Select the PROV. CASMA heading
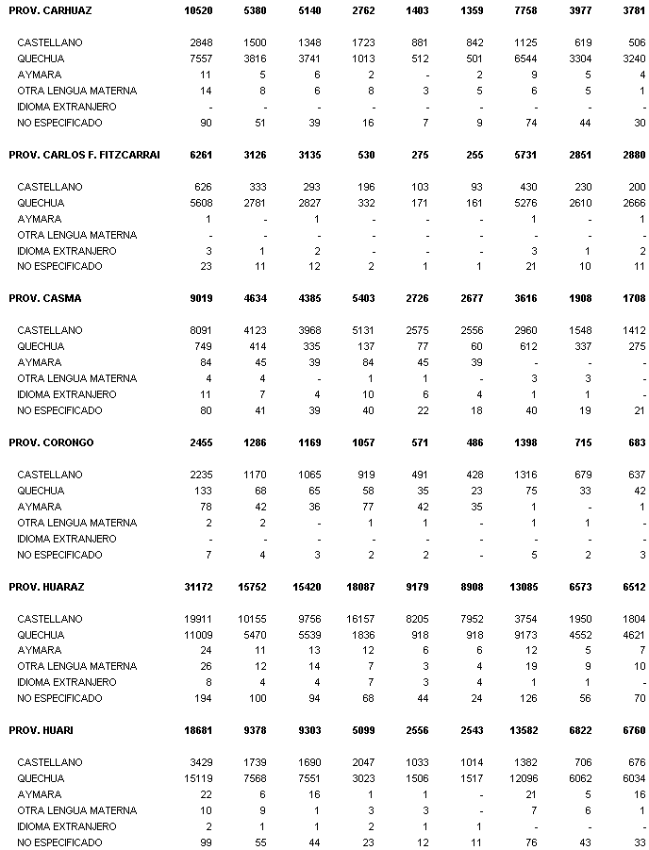pyautogui.click(x=44, y=299)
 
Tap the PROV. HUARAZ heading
pyautogui.click(x=46, y=587)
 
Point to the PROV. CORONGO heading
pyautogui.click(x=51, y=442)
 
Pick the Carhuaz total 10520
pyautogui.click(x=197, y=10)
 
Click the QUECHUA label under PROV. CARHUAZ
pyautogui.click(x=41, y=58)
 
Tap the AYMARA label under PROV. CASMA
pyautogui.click(x=40, y=362)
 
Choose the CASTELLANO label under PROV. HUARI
pyautogui.click(x=50, y=762)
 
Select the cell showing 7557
pyautogui.click(x=200, y=58)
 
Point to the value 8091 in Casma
pyautogui.click(x=200, y=330)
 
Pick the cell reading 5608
pyautogui.click(x=200, y=203)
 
